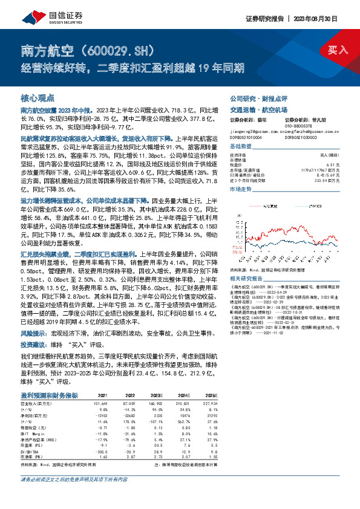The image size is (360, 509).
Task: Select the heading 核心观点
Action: point(38,97)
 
